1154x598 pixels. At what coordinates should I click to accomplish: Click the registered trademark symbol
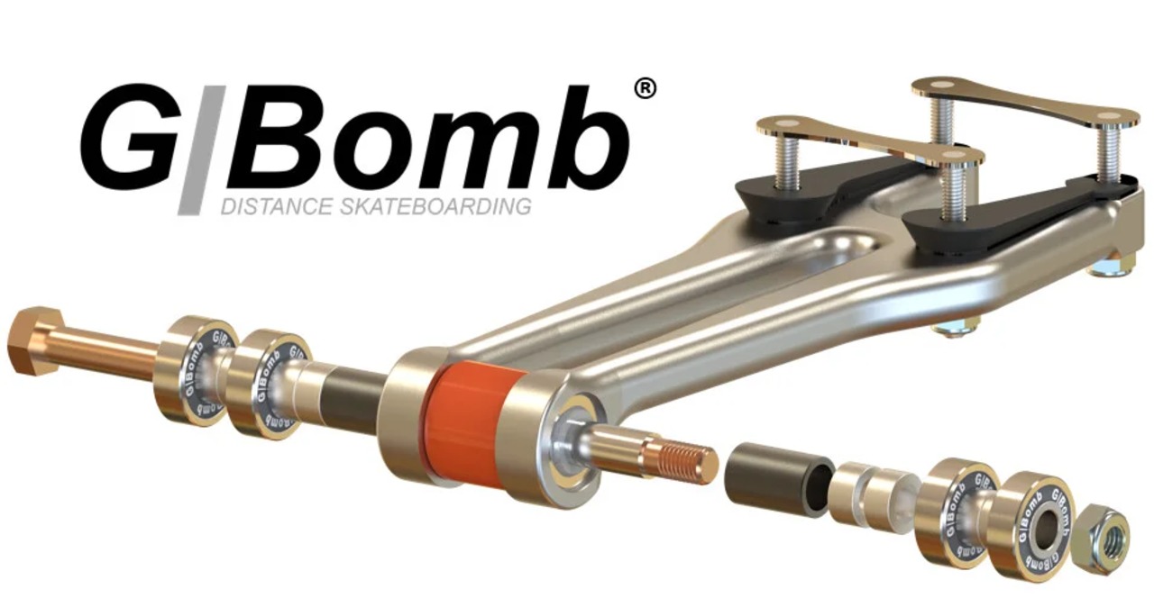tap(644, 89)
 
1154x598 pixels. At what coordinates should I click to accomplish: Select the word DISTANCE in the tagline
tap(276, 207)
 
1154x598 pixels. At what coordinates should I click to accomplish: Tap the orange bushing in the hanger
tap(466, 420)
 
